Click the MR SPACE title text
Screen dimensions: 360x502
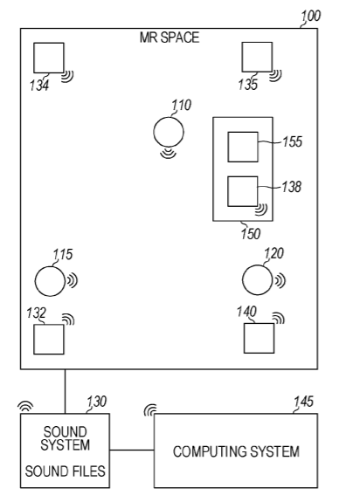170,38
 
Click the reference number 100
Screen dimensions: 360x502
310,16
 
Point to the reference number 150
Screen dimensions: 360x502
251,233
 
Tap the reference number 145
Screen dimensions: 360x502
303,402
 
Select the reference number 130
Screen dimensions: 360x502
97,402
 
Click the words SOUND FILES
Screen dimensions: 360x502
65,471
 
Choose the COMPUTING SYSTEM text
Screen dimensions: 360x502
237,451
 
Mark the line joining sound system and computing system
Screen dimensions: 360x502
132,450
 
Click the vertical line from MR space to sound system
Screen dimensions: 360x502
65,391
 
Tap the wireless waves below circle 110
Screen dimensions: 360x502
168,153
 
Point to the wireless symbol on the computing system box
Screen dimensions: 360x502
150,409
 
